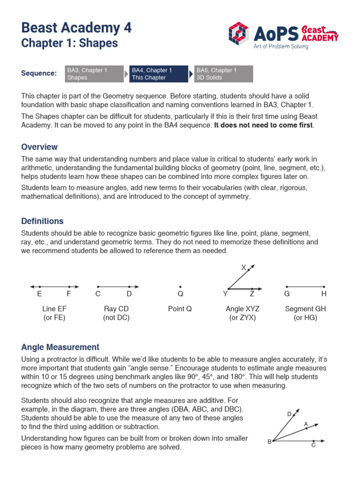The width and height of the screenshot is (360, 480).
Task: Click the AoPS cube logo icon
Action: click(239, 33)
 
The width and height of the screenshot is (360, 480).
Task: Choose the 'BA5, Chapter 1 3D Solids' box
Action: click(224, 74)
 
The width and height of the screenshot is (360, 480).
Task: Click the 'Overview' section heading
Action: click(39, 147)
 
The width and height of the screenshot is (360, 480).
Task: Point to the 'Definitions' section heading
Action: click(42, 221)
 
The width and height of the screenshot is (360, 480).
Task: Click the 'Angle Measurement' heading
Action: click(60, 347)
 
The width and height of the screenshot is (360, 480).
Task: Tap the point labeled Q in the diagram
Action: click(180, 287)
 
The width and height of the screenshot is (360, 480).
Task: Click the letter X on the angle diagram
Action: click(243, 268)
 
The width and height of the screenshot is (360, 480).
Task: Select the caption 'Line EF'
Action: click(54, 309)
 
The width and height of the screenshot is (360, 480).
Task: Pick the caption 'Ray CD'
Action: click(116, 309)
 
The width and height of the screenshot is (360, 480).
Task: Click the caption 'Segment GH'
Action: click(305, 309)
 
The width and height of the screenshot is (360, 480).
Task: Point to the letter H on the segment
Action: click(323, 294)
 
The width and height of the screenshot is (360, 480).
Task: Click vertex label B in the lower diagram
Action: click(270, 442)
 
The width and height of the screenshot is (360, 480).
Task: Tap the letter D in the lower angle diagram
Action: click(289, 414)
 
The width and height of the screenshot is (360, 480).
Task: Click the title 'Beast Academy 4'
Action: click(76, 28)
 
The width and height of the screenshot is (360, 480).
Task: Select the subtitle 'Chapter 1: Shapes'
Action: click(69, 44)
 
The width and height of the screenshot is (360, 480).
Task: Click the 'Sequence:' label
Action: click(39, 74)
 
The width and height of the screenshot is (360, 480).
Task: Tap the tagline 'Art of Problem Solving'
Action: click(283, 46)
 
